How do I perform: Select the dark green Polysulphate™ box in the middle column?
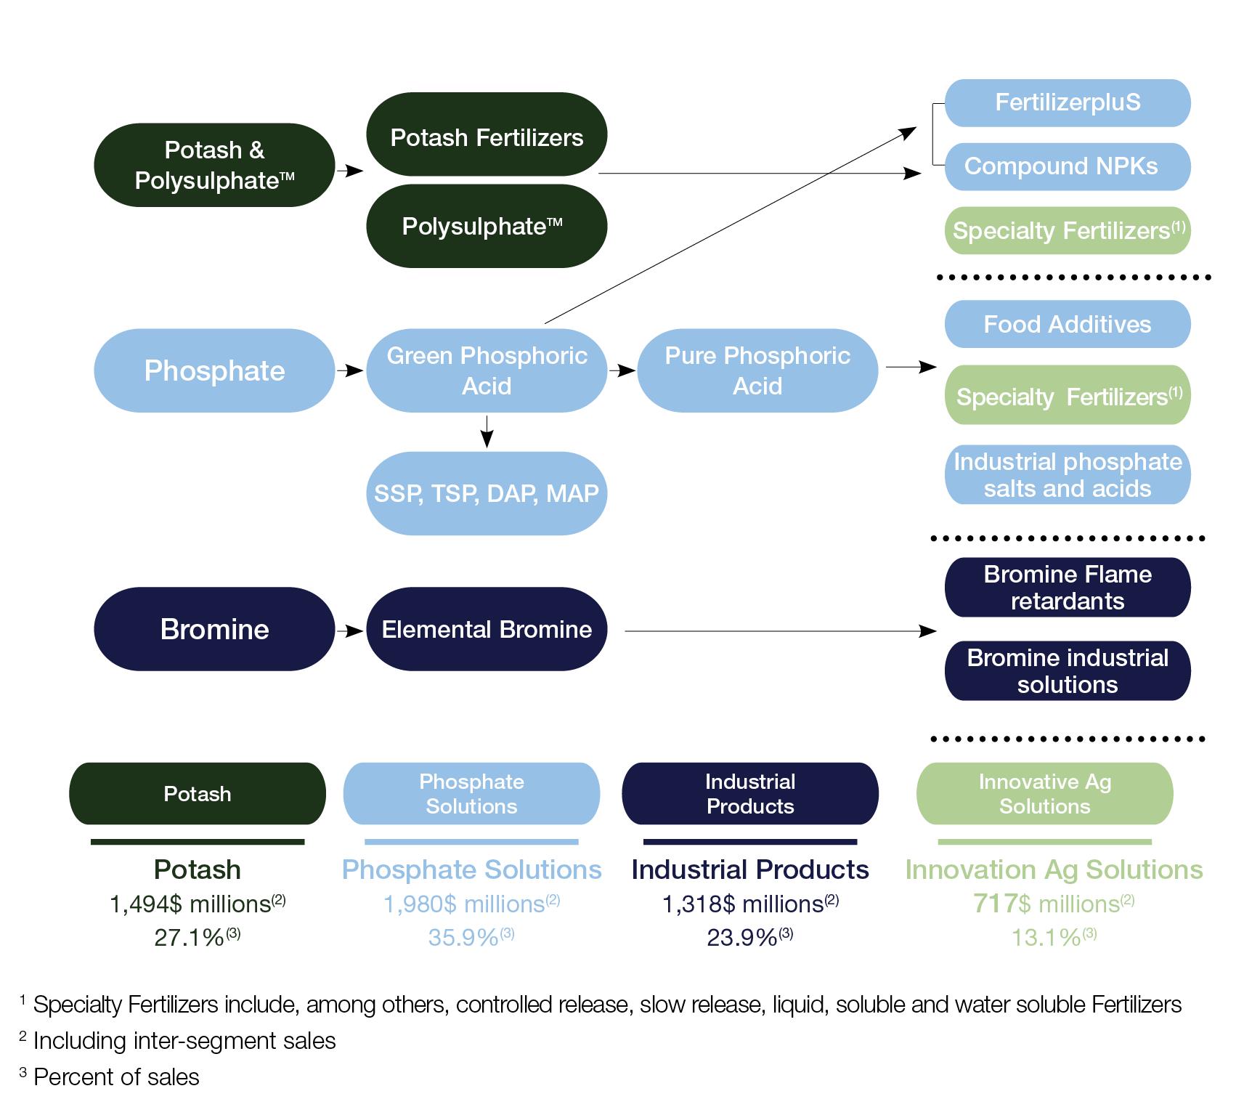point(486,226)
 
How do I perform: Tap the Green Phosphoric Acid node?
point(486,370)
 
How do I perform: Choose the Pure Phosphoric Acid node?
point(757,370)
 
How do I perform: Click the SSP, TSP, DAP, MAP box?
point(486,493)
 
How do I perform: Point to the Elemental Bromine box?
point(486,629)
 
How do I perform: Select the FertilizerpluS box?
point(1067,102)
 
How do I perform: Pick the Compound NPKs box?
point(1067,166)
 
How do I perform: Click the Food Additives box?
point(1067,324)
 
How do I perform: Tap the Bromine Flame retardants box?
point(1067,587)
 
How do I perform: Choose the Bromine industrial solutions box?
point(1067,670)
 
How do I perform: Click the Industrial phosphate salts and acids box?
point(1067,474)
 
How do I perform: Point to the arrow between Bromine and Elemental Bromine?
point(350,631)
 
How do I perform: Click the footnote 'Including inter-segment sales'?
point(184,1041)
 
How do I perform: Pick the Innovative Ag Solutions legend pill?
point(1044,793)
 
